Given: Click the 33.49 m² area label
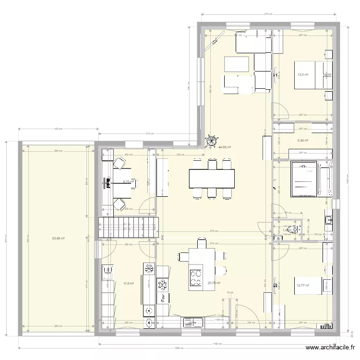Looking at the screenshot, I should click(x=59, y=238).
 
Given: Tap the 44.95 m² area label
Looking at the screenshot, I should click(x=225, y=148).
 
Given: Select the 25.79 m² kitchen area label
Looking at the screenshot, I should click(x=213, y=283).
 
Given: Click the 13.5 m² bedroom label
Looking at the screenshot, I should click(x=303, y=74).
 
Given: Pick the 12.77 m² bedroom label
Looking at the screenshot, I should click(x=303, y=286).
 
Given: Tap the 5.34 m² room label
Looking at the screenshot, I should click(x=303, y=141).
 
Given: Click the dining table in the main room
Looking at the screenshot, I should click(x=212, y=179).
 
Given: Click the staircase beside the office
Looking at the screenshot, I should click(x=128, y=227).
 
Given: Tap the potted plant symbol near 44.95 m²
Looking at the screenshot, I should click(x=211, y=141).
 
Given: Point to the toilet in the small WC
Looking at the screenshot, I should click(x=291, y=230).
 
